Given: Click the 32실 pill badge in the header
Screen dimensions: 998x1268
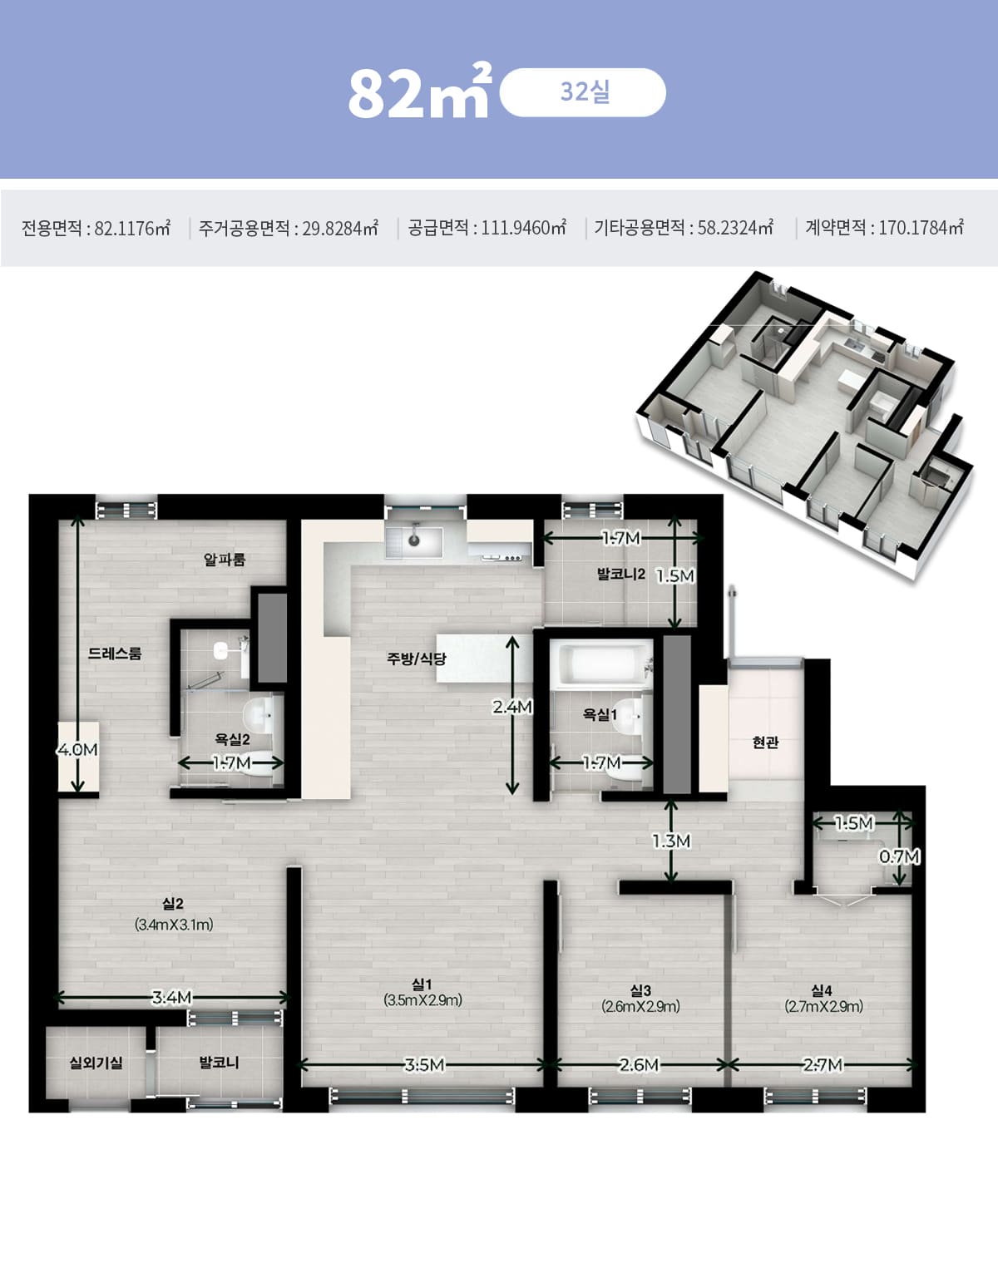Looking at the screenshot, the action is (582, 92).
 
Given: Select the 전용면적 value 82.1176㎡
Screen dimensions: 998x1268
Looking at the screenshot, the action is (132, 228).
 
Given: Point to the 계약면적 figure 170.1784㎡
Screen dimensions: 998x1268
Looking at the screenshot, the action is (921, 228).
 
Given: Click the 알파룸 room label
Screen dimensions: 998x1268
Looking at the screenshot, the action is (225, 560).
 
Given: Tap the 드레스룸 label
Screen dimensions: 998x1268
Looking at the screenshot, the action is (115, 653).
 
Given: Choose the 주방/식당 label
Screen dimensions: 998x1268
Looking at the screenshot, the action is (417, 659).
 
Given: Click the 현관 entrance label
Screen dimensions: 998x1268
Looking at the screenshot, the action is (766, 743).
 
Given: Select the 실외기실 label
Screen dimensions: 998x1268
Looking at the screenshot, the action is (96, 1063).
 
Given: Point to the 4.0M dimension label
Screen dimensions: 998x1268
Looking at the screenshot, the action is (77, 750).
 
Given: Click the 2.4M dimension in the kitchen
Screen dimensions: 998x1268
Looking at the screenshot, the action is (512, 707).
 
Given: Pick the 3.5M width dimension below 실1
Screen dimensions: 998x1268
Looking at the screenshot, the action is (424, 1065).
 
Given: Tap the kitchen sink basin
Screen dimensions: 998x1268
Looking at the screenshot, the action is (414, 541).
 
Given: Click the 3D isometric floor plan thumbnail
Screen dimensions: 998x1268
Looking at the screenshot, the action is (805, 426).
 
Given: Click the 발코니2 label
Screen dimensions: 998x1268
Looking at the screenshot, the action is (621, 574).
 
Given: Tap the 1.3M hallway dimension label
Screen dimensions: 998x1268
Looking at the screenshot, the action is (671, 841).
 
